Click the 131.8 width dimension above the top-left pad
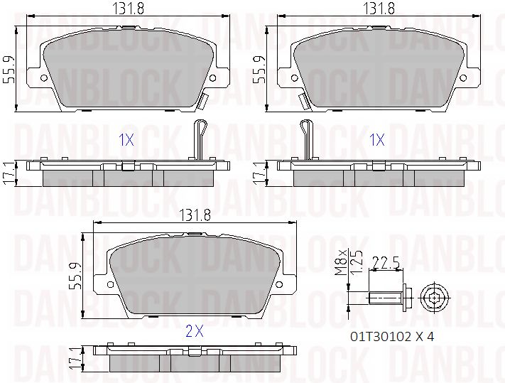click(x=128, y=9)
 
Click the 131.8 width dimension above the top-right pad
click(x=379, y=9)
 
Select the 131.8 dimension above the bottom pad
click(x=195, y=215)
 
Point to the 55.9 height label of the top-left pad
click(x=9, y=70)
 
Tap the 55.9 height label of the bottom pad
click(x=76, y=276)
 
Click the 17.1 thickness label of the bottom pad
click(x=76, y=359)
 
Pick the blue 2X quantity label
click(x=195, y=331)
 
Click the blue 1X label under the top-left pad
click(x=126, y=140)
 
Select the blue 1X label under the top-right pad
click(x=376, y=140)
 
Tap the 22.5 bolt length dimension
click(x=386, y=263)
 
